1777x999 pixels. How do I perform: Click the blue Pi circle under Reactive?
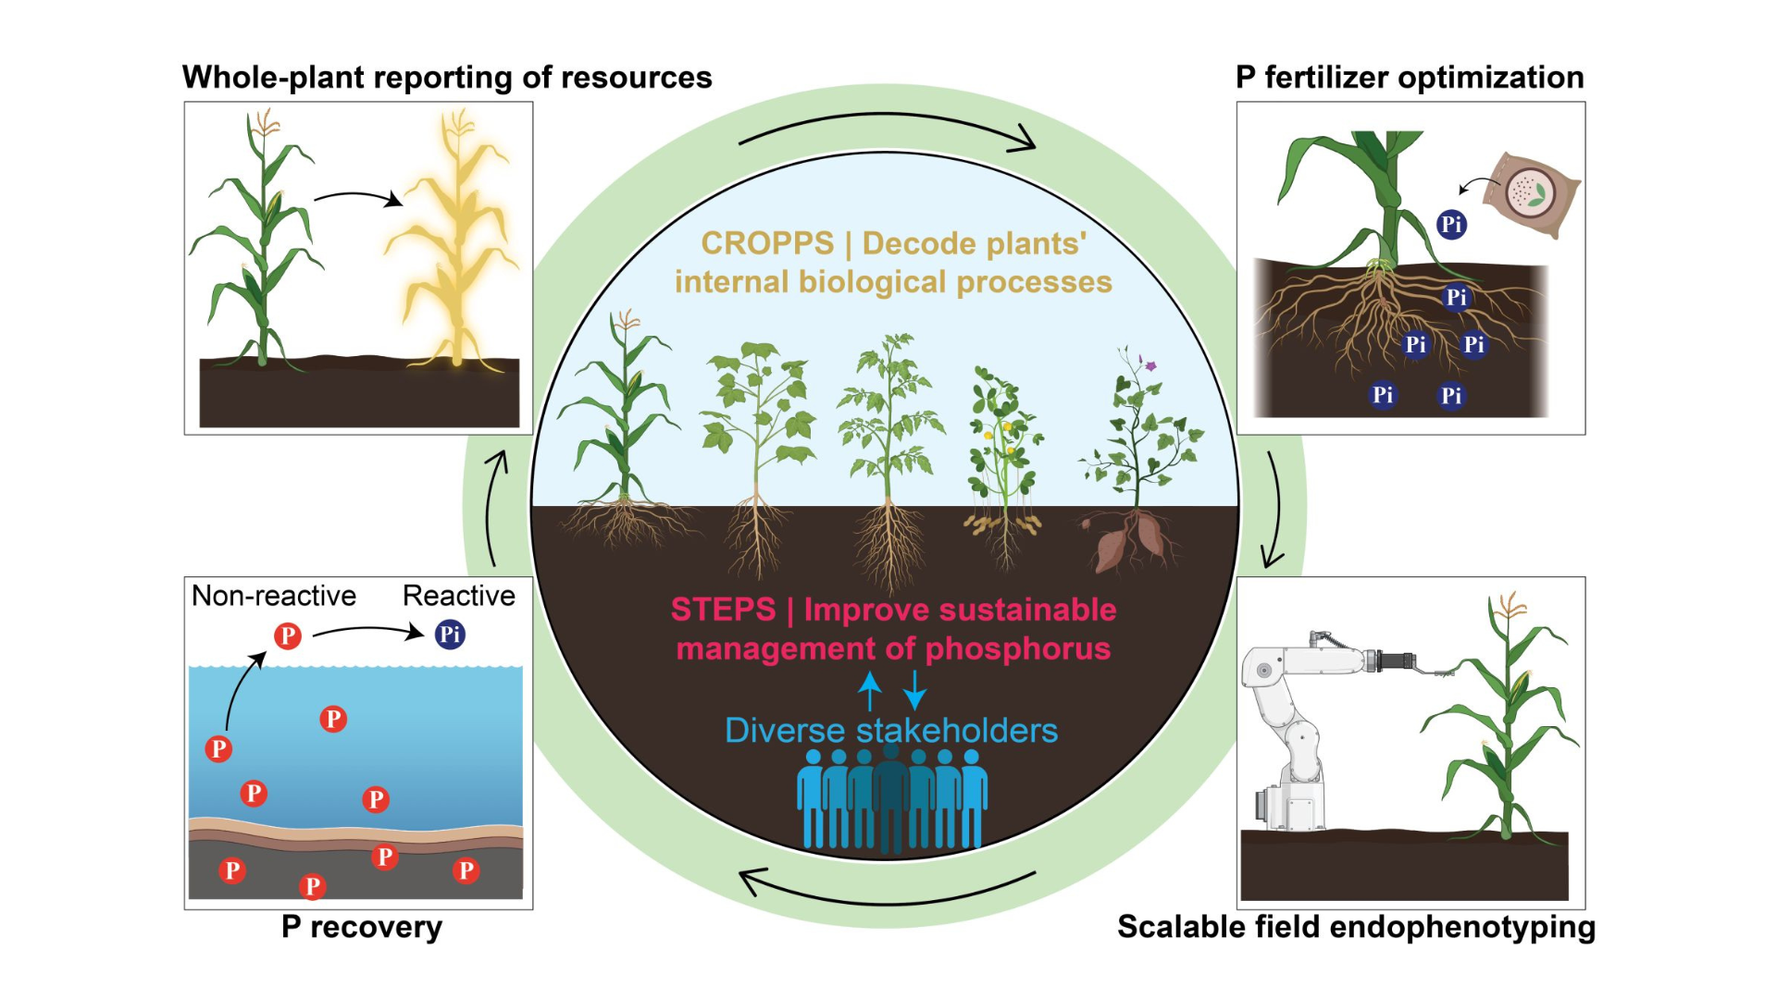coord(450,635)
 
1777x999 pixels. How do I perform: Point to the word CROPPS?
coord(767,243)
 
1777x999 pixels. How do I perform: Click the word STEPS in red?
coord(723,610)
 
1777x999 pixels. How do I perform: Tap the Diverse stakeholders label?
coord(890,731)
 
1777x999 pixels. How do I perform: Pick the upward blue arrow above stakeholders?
coord(870,690)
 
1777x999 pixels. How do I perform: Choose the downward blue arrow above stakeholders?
coord(914,690)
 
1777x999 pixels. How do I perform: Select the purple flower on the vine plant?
coord(1150,365)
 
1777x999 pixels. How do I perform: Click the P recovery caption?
coord(362,927)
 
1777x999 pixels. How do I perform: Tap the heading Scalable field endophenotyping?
coord(1356,927)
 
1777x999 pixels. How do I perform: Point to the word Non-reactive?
coord(274,596)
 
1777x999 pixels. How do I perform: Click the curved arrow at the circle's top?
coord(887,125)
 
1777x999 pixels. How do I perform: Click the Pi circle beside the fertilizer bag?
coord(1451,224)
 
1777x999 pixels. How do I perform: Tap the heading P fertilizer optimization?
coord(1410,78)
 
